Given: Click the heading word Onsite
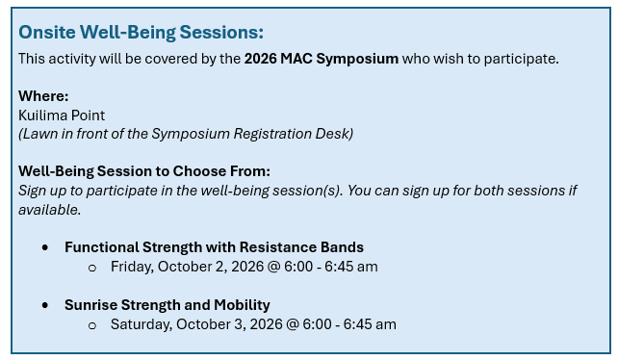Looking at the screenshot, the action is click(x=47, y=33).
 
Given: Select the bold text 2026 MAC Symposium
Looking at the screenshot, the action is click(x=322, y=59).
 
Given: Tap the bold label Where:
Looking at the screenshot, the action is click(x=43, y=96).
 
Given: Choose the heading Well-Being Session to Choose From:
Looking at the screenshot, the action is click(x=144, y=171).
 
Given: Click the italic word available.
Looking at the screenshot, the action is click(x=50, y=210).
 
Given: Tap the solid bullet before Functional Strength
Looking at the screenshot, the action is click(x=45, y=247).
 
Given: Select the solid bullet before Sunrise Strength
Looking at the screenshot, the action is click(x=45, y=305).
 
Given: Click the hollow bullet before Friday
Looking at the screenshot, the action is click(x=92, y=269).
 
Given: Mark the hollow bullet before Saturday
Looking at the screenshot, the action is click(x=92, y=325).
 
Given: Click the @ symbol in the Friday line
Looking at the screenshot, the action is click(x=273, y=267).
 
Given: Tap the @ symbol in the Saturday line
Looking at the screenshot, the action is click(x=292, y=324).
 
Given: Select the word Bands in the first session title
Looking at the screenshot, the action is click(x=342, y=247).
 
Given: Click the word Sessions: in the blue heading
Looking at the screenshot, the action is click(x=221, y=33).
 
